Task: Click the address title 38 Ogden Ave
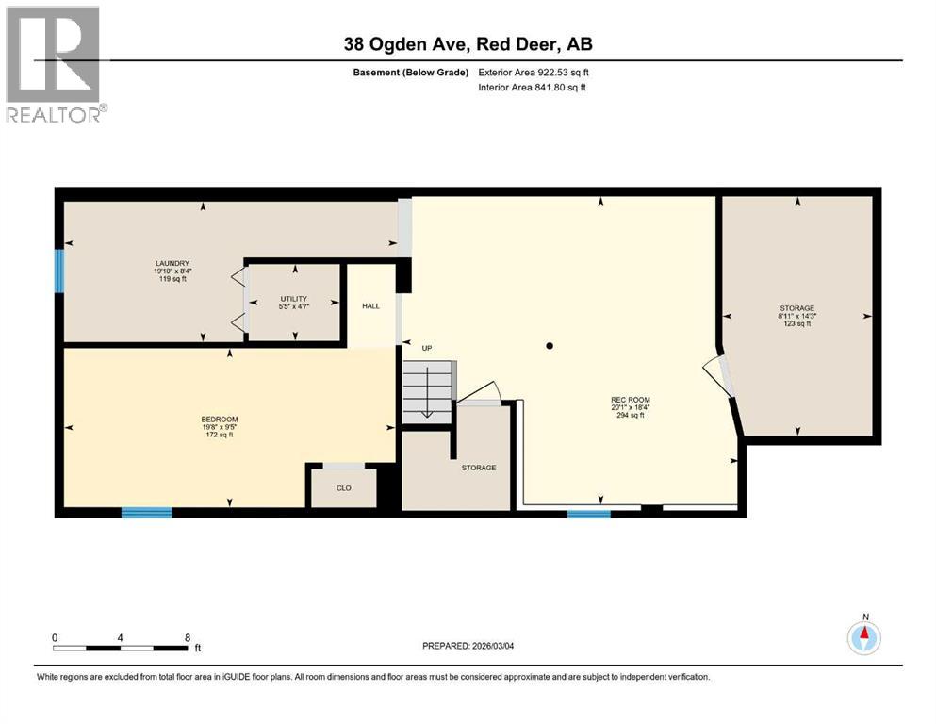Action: (468, 44)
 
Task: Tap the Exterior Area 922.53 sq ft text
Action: (533, 73)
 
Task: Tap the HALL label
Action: (370, 306)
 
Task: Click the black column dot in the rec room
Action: (550, 346)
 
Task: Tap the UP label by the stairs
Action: (426, 349)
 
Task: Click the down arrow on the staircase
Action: (426, 397)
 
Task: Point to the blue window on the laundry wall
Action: (59, 271)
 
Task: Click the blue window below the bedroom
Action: (146, 513)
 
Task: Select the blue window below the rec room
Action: (588, 514)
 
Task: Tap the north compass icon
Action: (863, 637)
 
